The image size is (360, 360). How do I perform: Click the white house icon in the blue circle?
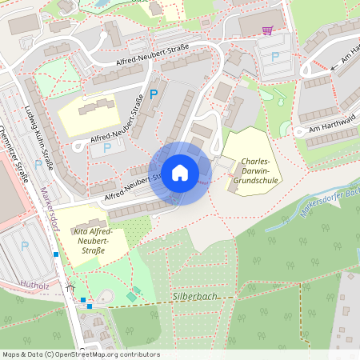point(180,173)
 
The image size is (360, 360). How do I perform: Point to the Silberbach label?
point(194,295)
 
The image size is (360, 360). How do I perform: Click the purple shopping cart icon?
point(267,30)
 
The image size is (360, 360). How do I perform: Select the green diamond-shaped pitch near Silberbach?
point(131,297)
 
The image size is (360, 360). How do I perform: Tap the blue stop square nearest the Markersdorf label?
point(56,254)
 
